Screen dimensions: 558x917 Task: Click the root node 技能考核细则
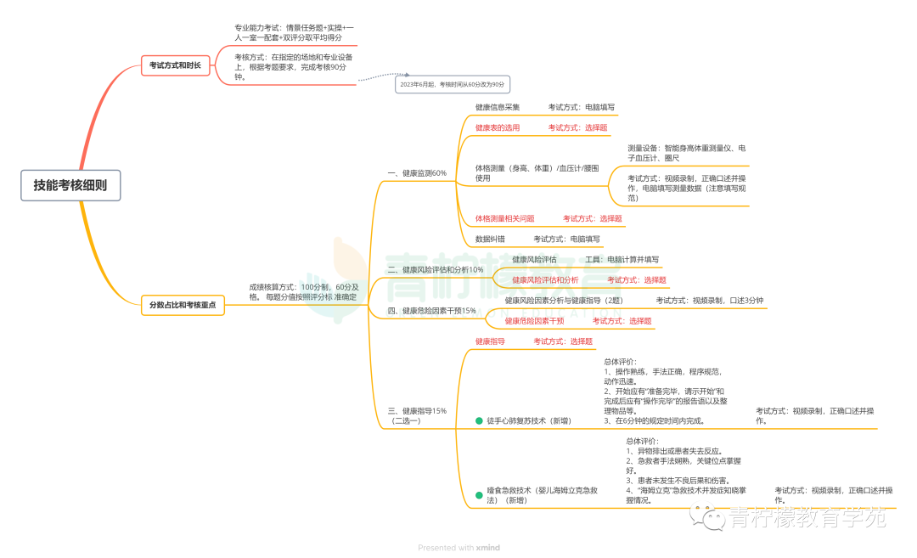(x=70, y=185)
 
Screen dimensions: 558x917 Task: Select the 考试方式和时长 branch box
(x=175, y=65)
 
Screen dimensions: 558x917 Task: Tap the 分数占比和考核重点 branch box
(x=183, y=305)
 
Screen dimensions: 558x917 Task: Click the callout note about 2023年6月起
(x=453, y=85)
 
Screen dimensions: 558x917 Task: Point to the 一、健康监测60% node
(x=417, y=173)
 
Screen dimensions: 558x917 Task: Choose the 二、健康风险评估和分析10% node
(x=436, y=270)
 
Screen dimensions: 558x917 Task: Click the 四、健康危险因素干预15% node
(x=432, y=311)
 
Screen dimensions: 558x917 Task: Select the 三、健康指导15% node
(x=417, y=415)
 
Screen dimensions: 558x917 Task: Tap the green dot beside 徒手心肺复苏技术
(x=479, y=420)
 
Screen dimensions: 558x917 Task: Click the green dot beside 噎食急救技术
(x=479, y=493)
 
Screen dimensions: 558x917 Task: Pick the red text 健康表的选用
(x=498, y=128)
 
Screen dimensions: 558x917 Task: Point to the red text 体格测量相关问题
(x=504, y=219)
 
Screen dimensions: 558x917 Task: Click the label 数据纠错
(x=490, y=240)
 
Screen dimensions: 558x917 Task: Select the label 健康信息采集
(x=498, y=108)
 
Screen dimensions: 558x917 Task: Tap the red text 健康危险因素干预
(x=534, y=321)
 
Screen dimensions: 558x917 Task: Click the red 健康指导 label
(x=490, y=341)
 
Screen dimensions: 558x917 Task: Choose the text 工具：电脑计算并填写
(x=622, y=260)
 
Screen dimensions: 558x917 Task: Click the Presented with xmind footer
(x=458, y=548)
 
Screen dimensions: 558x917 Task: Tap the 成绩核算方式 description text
(x=303, y=292)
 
